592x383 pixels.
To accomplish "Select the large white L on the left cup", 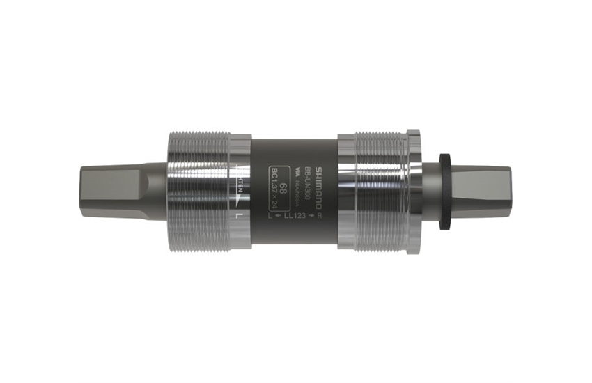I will (x=240, y=215).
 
